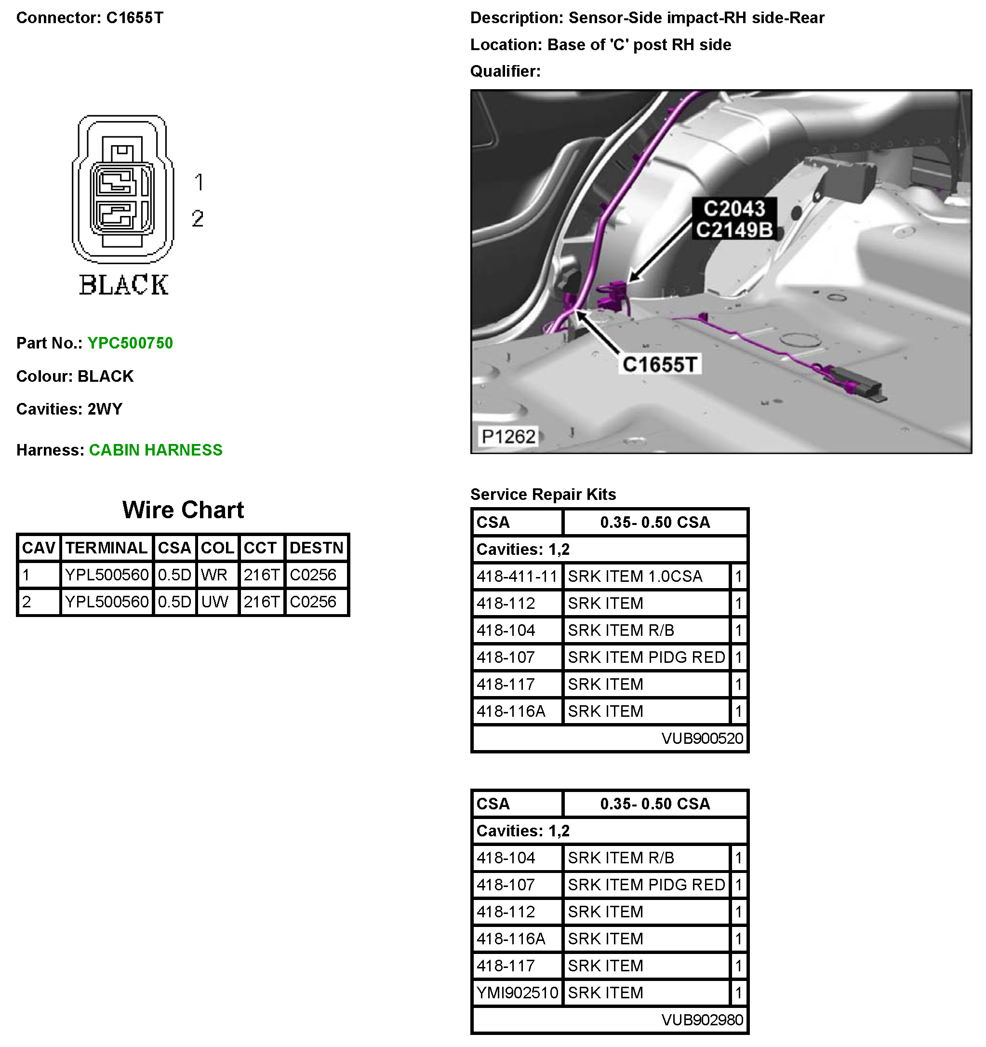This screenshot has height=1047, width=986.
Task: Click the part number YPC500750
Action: click(x=130, y=343)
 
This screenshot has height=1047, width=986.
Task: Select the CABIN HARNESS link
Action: click(x=155, y=450)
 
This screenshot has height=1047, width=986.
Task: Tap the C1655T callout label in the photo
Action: click(x=660, y=364)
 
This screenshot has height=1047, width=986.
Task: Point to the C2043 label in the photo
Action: click(x=734, y=209)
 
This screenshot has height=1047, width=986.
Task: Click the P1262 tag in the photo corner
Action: click(x=508, y=436)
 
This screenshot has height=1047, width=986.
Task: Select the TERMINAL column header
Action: click(x=107, y=548)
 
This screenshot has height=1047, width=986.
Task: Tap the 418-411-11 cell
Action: click(x=517, y=576)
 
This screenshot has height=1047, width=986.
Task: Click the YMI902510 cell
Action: click(x=517, y=992)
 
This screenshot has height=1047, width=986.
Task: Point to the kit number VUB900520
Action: click(x=702, y=738)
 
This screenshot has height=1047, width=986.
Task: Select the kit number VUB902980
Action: click(x=702, y=1020)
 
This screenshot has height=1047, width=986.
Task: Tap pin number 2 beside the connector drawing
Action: click(x=198, y=218)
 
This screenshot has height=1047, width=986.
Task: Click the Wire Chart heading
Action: click(x=183, y=510)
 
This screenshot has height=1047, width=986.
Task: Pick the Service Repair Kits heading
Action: click(x=543, y=494)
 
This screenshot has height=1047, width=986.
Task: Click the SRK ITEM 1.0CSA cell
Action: click(x=635, y=576)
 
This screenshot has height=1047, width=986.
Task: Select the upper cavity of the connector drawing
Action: click(x=121, y=182)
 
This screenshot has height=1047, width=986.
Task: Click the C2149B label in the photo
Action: click(x=734, y=229)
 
